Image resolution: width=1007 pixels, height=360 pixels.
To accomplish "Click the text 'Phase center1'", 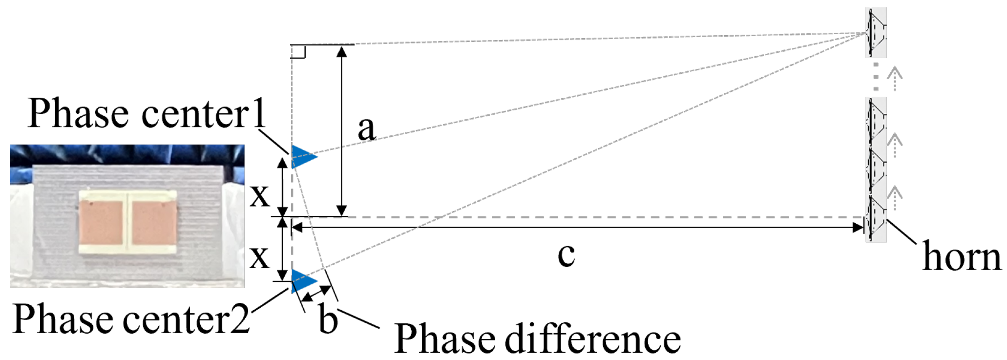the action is coord(147,113).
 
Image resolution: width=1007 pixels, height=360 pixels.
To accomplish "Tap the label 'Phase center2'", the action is coord(131,318).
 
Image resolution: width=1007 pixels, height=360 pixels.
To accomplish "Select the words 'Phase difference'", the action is coord(537,338).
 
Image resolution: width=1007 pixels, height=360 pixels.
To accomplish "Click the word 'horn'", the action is coord(961,256).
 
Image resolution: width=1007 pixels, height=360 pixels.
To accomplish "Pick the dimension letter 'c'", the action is coord(566,255).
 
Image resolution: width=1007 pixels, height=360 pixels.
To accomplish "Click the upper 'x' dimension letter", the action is coord(259,196).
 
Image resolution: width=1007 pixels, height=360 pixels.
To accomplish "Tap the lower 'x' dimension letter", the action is coord(259,257).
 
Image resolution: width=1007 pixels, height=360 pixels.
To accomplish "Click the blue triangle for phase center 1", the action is coord(303,156).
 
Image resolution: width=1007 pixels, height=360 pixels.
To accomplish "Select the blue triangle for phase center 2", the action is coord(303,282).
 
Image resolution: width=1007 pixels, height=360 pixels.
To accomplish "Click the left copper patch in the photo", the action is coord(102,223).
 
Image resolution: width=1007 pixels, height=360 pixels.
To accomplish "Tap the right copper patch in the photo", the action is coord(153,223).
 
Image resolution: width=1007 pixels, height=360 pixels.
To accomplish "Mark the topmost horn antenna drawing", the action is coord(876,32).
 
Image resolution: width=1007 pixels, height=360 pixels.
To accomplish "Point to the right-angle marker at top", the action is coord(298,51).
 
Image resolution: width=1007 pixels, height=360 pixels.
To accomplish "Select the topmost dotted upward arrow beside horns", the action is coord(894,79).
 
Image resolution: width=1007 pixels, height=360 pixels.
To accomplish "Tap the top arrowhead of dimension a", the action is coord(342,51).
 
